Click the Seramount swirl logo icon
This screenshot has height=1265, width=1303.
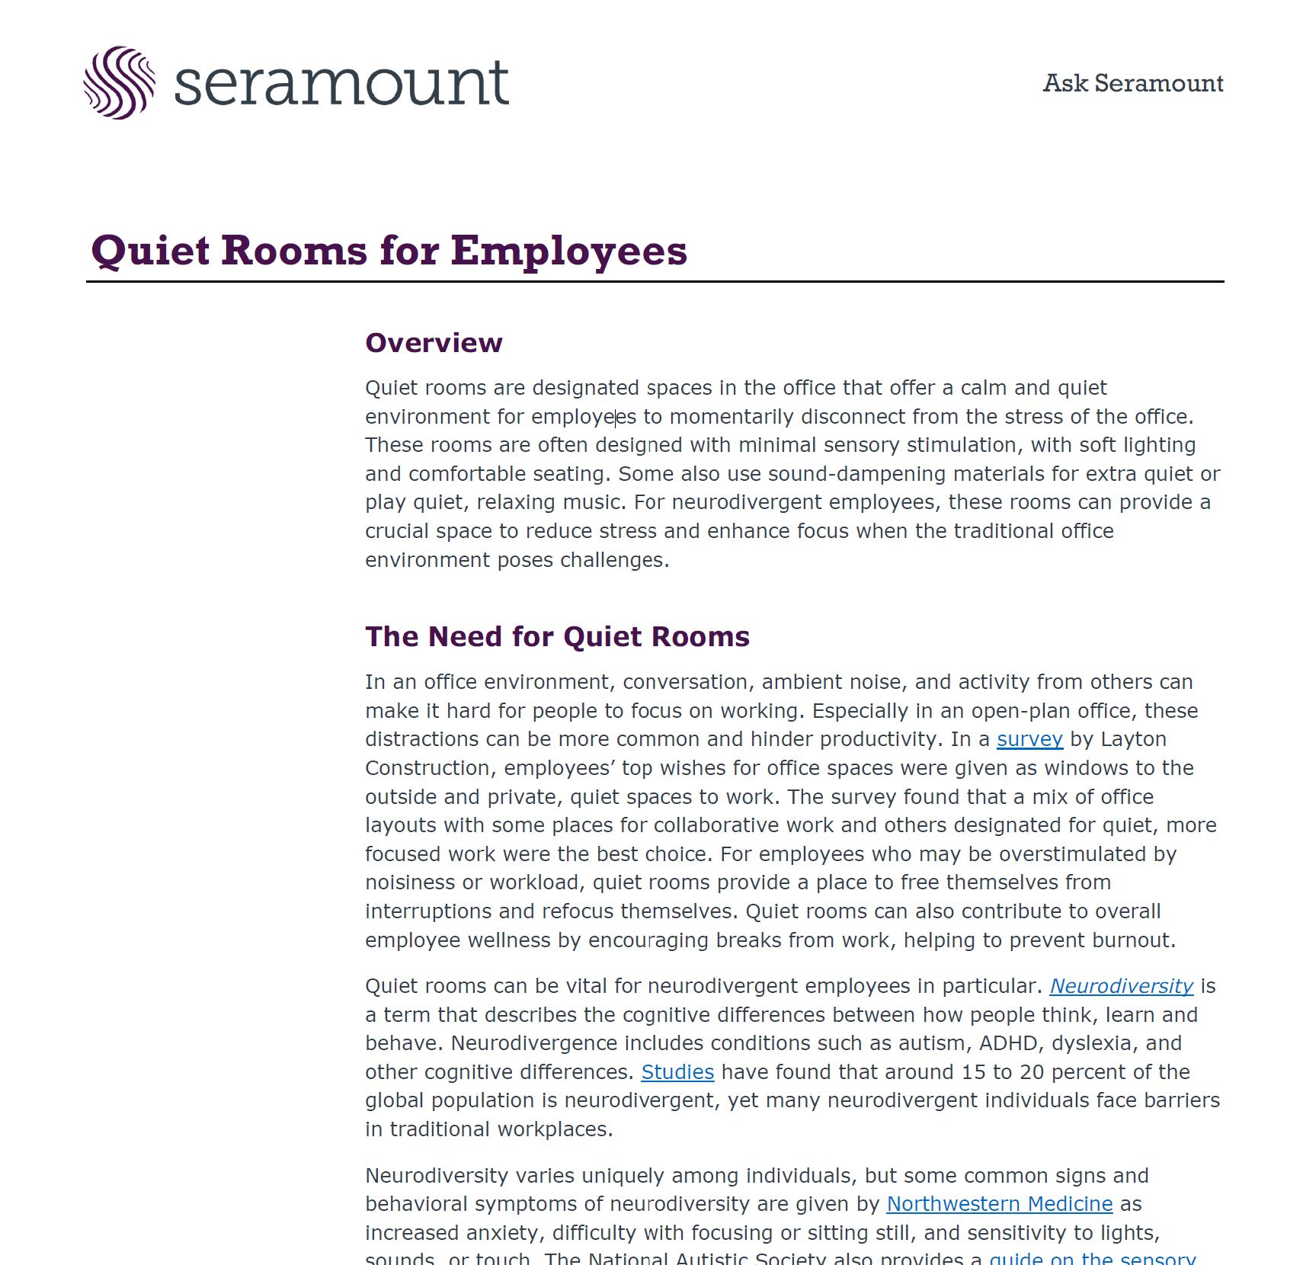(120, 82)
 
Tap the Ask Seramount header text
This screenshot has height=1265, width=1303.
(1132, 83)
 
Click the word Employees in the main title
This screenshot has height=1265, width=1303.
(568, 251)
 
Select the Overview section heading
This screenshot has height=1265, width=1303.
(434, 343)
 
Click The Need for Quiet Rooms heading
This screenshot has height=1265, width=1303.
(557, 636)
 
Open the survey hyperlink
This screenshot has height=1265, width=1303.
(1029, 739)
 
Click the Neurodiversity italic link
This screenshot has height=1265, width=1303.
(1121, 986)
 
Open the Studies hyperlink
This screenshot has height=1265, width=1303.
(677, 1072)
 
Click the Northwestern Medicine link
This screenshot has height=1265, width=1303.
(999, 1204)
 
